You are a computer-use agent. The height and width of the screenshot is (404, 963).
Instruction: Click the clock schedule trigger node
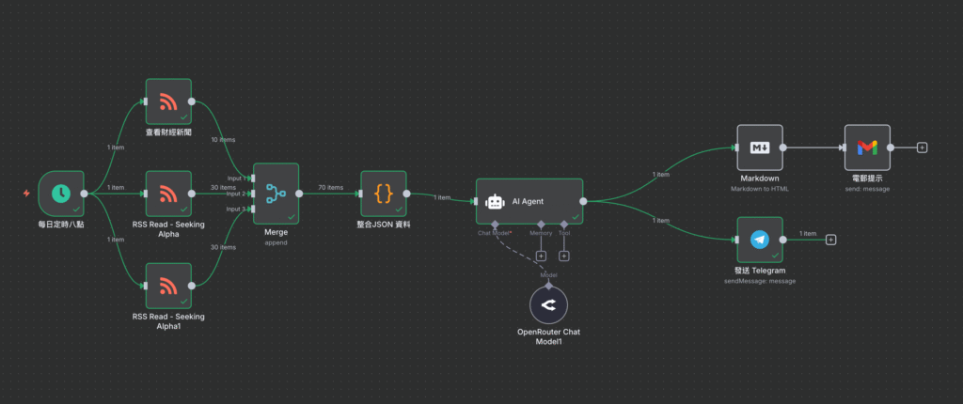click(x=61, y=194)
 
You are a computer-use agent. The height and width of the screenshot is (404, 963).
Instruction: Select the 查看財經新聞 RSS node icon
click(x=168, y=101)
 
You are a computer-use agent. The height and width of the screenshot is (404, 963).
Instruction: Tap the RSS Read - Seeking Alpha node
click(x=168, y=194)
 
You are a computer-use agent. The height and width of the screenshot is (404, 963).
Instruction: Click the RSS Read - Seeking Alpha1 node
click(x=168, y=286)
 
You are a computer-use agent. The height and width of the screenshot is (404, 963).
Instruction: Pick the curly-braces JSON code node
click(x=384, y=194)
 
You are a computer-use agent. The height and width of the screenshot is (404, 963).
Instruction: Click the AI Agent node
click(x=529, y=200)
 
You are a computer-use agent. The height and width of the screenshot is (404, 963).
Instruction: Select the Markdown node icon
click(x=760, y=148)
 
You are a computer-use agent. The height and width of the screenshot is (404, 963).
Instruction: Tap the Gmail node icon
click(x=867, y=148)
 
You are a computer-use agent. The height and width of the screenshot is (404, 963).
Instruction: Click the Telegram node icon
click(x=760, y=240)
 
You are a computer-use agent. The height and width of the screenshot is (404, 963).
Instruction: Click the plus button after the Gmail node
click(x=922, y=148)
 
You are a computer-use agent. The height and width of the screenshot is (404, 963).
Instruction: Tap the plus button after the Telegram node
click(x=830, y=240)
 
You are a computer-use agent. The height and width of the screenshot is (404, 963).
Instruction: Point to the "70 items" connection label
click(x=331, y=188)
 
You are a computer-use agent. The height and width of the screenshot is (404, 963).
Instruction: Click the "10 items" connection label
click(x=224, y=140)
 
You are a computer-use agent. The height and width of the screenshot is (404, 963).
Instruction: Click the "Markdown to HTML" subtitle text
click(x=760, y=189)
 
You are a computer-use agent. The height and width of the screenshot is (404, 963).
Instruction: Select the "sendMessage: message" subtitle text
click(x=760, y=281)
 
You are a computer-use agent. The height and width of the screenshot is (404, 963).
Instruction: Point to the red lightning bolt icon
click(x=25, y=194)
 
